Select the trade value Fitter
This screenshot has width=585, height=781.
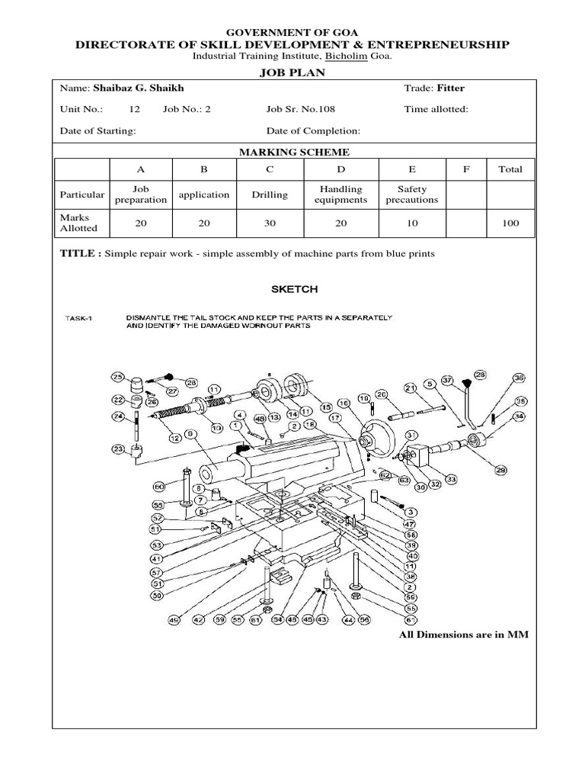click(450, 88)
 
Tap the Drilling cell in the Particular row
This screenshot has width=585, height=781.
click(270, 195)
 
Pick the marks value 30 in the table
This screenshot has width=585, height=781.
click(270, 223)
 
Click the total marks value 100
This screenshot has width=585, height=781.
click(510, 223)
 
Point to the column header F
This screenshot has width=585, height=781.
click(466, 169)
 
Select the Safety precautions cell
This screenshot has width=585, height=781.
click(412, 194)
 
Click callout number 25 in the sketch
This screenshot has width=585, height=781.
click(117, 377)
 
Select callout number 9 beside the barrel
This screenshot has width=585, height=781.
click(190, 434)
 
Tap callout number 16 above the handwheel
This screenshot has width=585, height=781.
click(344, 403)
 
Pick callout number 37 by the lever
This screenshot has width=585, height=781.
click(447, 380)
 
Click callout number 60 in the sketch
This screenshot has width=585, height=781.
click(158, 486)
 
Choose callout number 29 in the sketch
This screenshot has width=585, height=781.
click(500, 471)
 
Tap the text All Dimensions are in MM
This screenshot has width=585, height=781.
click(464, 635)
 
